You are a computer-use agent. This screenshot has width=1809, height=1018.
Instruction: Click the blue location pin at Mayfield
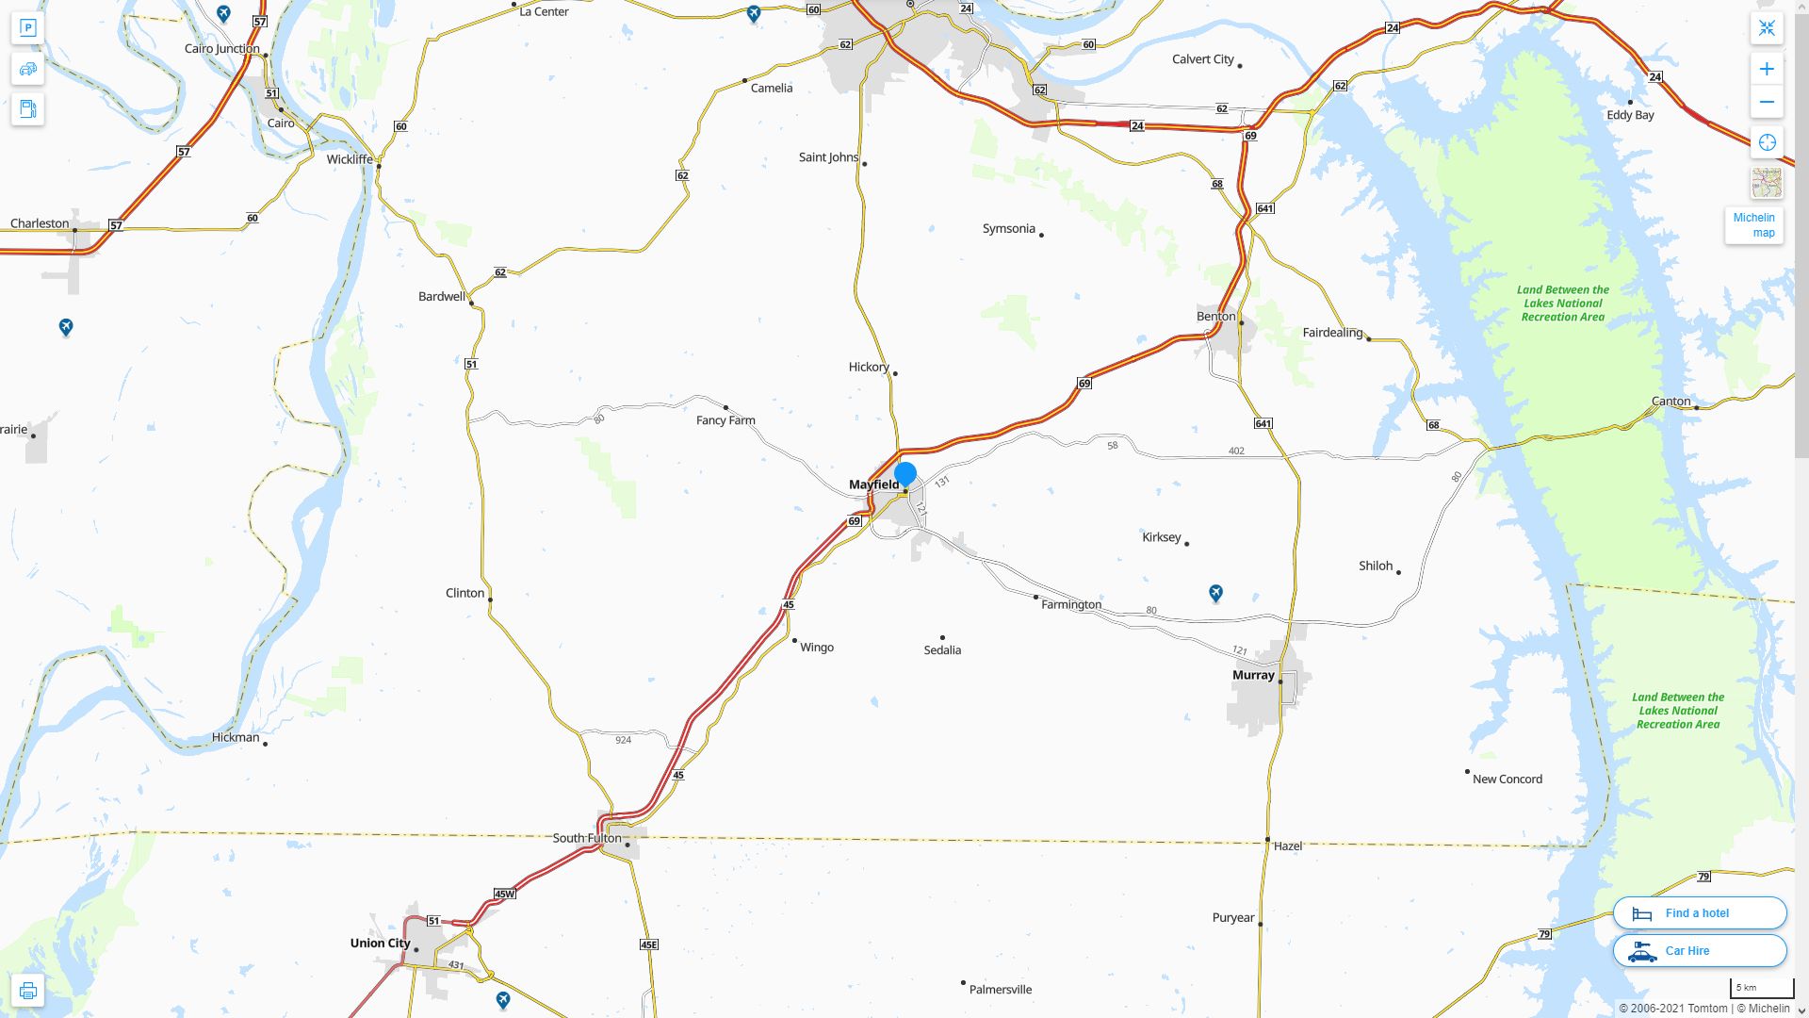tap(905, 474)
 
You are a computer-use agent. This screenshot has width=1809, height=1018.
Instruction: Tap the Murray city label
tap(1253, 675)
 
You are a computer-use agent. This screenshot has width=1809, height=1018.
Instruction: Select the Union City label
tap(380, 943)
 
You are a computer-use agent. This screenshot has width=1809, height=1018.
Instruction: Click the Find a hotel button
tap(1699, 912)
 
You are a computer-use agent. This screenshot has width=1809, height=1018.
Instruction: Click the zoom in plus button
tap(1767, 69)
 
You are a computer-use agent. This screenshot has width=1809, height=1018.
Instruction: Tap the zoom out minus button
tap(1767, 102)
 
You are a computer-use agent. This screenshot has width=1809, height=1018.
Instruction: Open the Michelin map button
tap(1753, 224)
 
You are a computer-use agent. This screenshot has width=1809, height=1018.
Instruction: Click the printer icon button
tap(27, 991)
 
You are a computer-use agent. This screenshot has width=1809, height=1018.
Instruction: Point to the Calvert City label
tap(1202, 58)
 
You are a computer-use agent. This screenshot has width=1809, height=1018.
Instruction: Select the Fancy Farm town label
tap(725, 420)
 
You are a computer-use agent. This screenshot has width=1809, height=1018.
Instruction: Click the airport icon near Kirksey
tap(1215, 593)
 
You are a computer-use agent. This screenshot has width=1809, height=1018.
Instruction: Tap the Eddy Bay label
tap(1630, 115)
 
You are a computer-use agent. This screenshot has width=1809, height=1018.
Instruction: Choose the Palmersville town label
tap(1000, 990)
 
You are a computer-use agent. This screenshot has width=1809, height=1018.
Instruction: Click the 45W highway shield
tap(504, 894)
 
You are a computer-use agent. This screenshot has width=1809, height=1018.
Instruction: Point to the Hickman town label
tap(236, 737)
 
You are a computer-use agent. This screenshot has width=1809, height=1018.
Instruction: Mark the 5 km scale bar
tap(1761, 988)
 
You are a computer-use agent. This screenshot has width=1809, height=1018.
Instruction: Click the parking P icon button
tap(27, 27)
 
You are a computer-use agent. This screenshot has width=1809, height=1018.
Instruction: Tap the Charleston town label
tap(40, 223)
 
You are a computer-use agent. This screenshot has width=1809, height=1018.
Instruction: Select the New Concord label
tap(1507, 779)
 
